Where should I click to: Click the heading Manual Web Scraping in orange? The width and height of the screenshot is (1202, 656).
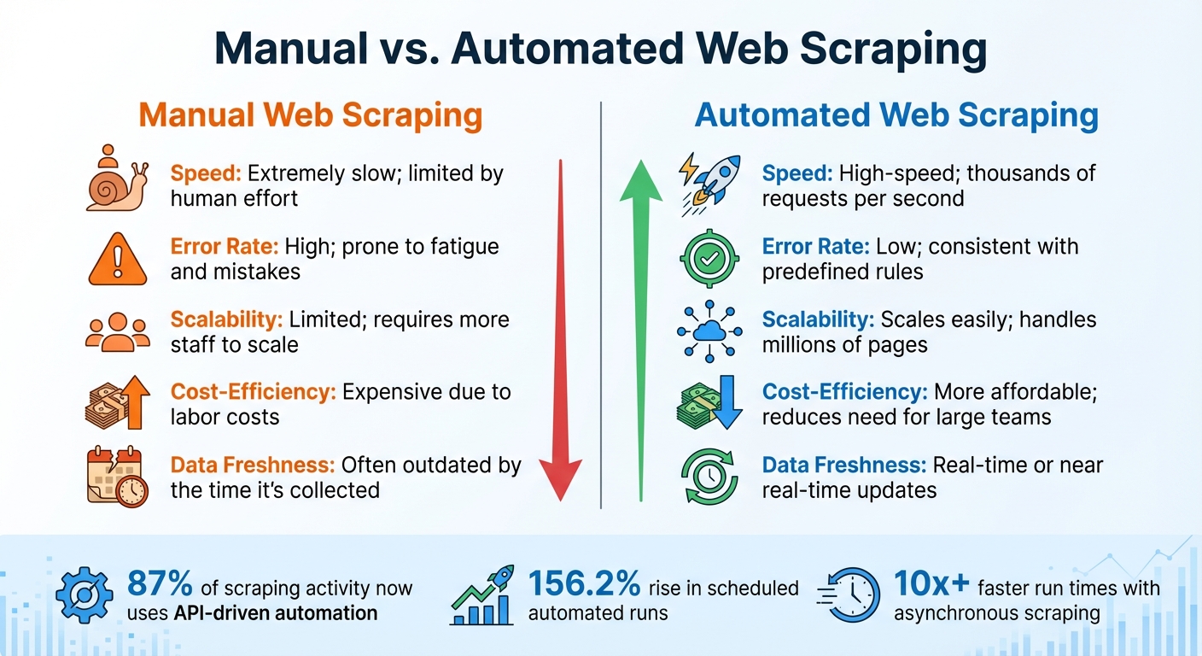(x=310, y=115)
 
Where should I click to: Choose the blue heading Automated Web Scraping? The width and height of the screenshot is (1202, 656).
(x=896, y=115)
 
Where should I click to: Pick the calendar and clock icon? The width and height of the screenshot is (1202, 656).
(x=117, y=477)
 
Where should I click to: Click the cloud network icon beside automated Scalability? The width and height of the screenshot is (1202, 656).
(x=708, y=331)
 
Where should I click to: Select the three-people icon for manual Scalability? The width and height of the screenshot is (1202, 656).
(x=117, y=332)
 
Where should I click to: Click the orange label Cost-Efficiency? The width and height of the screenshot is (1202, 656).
(x=254, y=392)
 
